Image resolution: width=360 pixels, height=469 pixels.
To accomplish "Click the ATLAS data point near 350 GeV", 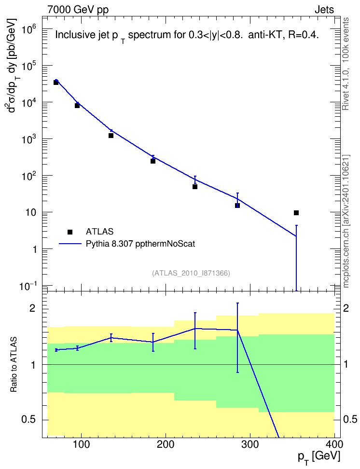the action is (296, 213).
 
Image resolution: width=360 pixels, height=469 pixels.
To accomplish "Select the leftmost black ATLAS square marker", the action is (56, 82).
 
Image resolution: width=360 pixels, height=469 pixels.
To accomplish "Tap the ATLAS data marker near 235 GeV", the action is (195, 187).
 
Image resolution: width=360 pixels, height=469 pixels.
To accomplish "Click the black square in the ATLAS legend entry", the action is (70, 232).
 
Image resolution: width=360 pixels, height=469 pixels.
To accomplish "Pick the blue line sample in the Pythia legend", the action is (70, 244).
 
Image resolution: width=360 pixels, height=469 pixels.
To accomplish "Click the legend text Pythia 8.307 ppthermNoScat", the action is (140, 244).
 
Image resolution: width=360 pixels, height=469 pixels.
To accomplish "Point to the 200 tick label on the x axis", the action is (166, 444).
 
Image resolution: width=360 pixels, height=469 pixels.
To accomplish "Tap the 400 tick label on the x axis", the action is (334, 444).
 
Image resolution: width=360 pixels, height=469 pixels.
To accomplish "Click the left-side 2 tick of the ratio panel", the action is (32, 308).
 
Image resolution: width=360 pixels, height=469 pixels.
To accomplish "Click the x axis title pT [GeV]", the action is (319, 457).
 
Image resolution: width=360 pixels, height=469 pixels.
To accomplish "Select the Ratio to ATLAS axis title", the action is (14, 365).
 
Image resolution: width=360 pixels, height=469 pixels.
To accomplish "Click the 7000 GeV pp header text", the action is (78, 10).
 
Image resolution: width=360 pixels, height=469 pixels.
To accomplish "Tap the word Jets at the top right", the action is (324, 10).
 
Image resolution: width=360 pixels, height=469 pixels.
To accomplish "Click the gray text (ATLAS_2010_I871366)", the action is (191, 273).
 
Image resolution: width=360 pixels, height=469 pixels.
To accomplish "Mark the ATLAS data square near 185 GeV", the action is (153, 161).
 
